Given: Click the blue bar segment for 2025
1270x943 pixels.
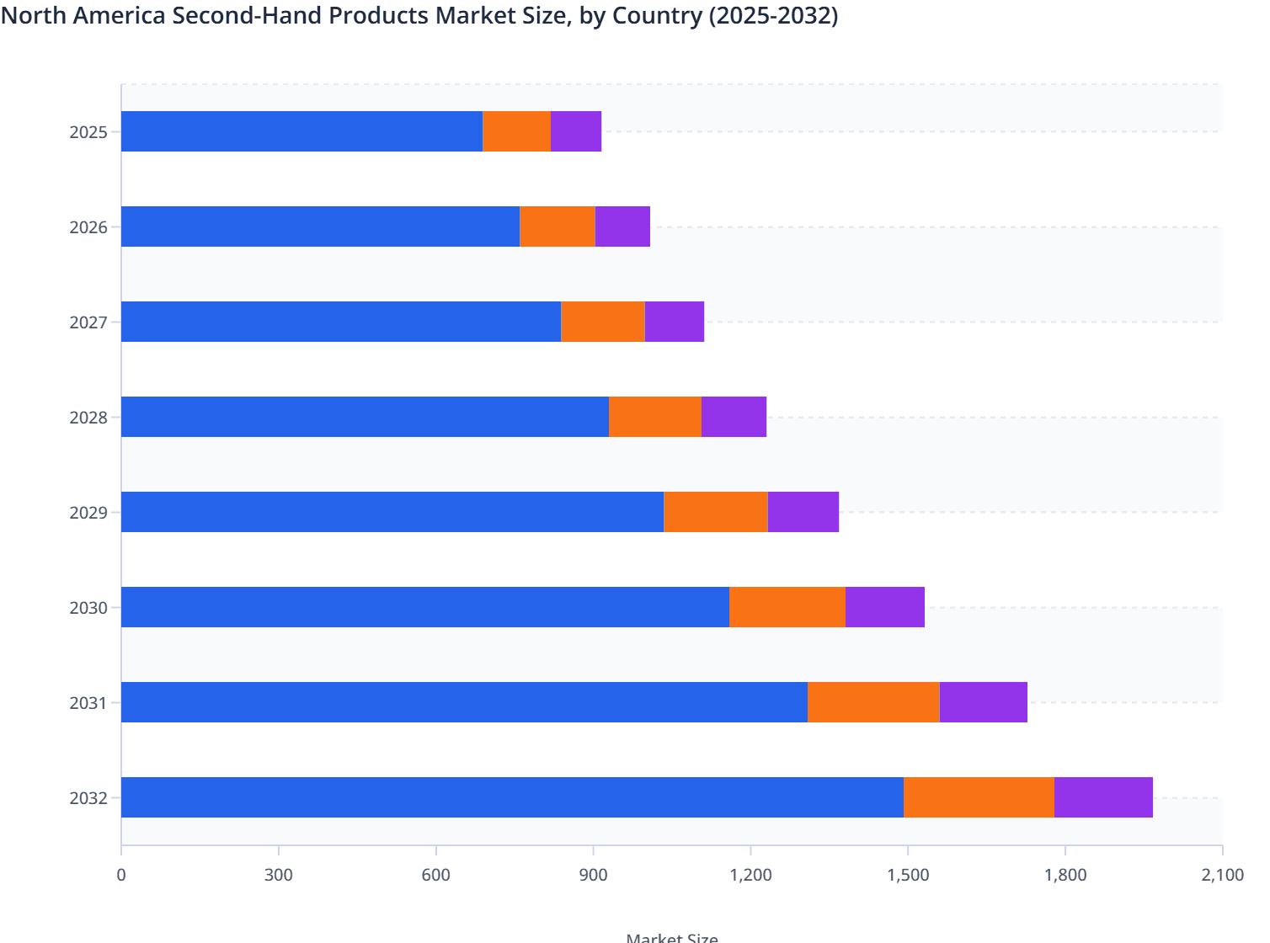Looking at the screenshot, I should tap(301, 131).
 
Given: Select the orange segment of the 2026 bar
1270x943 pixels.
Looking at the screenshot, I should tap(557, 226).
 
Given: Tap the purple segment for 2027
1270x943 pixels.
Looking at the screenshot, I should tap(674, 322).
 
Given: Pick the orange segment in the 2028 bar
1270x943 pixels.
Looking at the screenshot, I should tap(654, 417).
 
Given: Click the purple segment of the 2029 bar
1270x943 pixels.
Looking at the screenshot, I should tap(803, 512).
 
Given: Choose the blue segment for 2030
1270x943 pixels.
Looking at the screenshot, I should tap(424, 607).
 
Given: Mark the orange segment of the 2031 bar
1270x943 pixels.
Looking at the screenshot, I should tap(873, 702).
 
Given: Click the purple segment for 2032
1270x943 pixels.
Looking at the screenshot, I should tap(1102, 797).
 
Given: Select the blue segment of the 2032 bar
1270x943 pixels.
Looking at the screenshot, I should tap(512, 797).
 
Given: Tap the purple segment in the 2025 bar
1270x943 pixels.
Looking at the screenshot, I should tap(575, 131).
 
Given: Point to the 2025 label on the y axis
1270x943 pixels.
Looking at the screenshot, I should tap(88, 132).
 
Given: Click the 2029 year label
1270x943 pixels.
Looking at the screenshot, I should tap(88, 513).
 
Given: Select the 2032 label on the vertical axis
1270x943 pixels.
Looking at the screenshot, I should tap(88, 798).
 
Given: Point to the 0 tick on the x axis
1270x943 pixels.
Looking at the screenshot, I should tap(121, 875).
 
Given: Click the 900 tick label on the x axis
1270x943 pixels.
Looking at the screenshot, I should tap(594, 875).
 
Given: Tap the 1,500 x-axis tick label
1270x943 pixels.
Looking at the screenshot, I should tap(908, 875).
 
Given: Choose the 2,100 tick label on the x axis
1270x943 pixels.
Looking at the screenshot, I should tap(1222, 875).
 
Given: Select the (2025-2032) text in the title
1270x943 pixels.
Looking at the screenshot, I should tap(772, 15).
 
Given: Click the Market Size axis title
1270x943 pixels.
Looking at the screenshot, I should tap(672, 936).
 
